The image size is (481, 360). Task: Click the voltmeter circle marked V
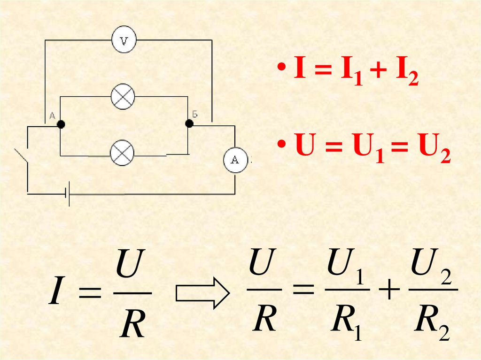(x=124, y=41)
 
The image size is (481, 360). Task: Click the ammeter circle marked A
(x=235, y=160)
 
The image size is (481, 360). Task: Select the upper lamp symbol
(x=123, y=97)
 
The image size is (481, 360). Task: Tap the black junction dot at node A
(x=61, y=124)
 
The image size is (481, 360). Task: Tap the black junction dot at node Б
(x=189, y=123)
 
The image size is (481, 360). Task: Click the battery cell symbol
(x=68, y=193)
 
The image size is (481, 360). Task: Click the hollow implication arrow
(x=202, y=292)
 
